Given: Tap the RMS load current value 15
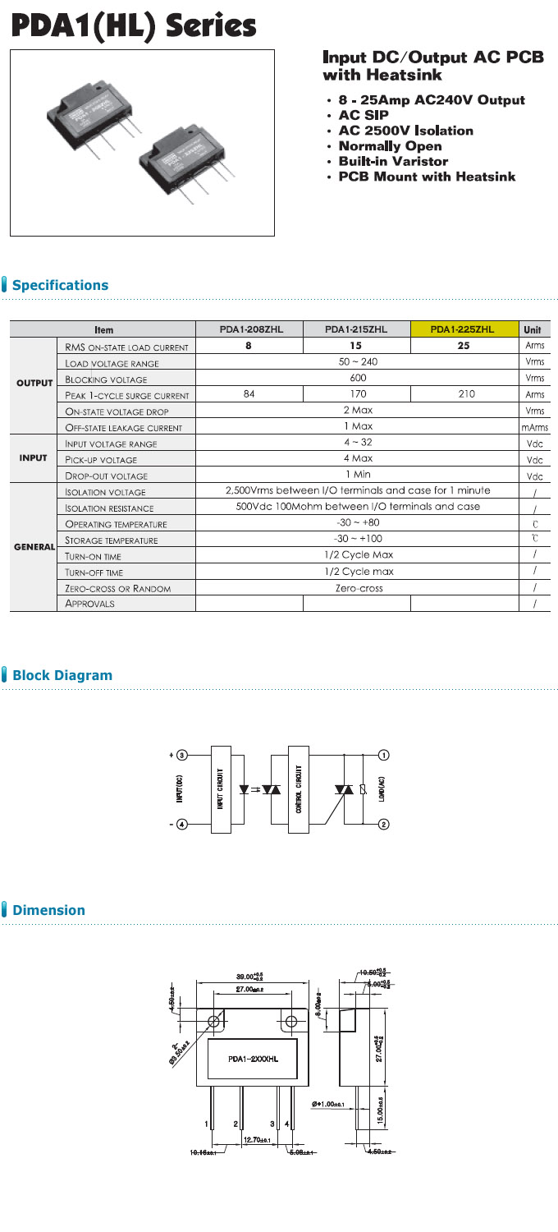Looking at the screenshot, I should [x=356, y=346].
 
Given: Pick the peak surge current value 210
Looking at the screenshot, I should [x=463, y=394].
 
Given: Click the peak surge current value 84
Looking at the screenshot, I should [x=249, y=394].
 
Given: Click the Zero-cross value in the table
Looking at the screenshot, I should [x=358, y=588].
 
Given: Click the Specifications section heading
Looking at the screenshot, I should [x=60, y=285].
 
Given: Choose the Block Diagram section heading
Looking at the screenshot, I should [x=62, y=675].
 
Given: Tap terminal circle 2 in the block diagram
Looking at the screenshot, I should [x=383, y=824].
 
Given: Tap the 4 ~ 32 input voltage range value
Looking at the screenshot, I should [x=358, y=443].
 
